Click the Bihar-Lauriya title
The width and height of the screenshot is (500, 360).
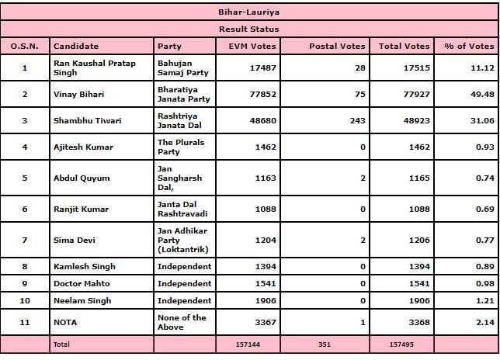[x=249, y=12]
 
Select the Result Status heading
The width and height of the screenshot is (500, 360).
[x=249, y=29]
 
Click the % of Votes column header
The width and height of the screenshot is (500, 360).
[x=466, y=46]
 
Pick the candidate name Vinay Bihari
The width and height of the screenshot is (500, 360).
[x=78, y=94]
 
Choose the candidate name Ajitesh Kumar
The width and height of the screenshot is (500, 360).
[x=82, y=146]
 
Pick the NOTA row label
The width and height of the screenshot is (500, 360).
[x=65, y=322]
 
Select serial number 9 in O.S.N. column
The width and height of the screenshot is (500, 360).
[x=24, y=283]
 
